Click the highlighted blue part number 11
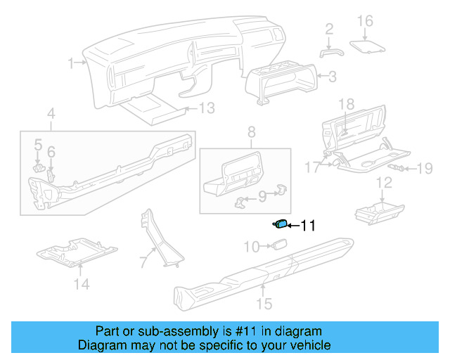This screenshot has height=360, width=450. (281, 224)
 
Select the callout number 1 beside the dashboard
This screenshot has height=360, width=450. (71, 64)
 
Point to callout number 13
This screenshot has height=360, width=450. (205, 108)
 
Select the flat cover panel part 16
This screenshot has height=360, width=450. (368, 46)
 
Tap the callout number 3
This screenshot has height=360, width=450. (333, 76)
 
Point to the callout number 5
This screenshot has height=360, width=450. (38, 144)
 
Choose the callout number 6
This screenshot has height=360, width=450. (51, 151)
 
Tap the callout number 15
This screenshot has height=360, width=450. (264, 304)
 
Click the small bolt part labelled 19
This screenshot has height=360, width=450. (399, 169)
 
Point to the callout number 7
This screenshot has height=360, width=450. (143, 262)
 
